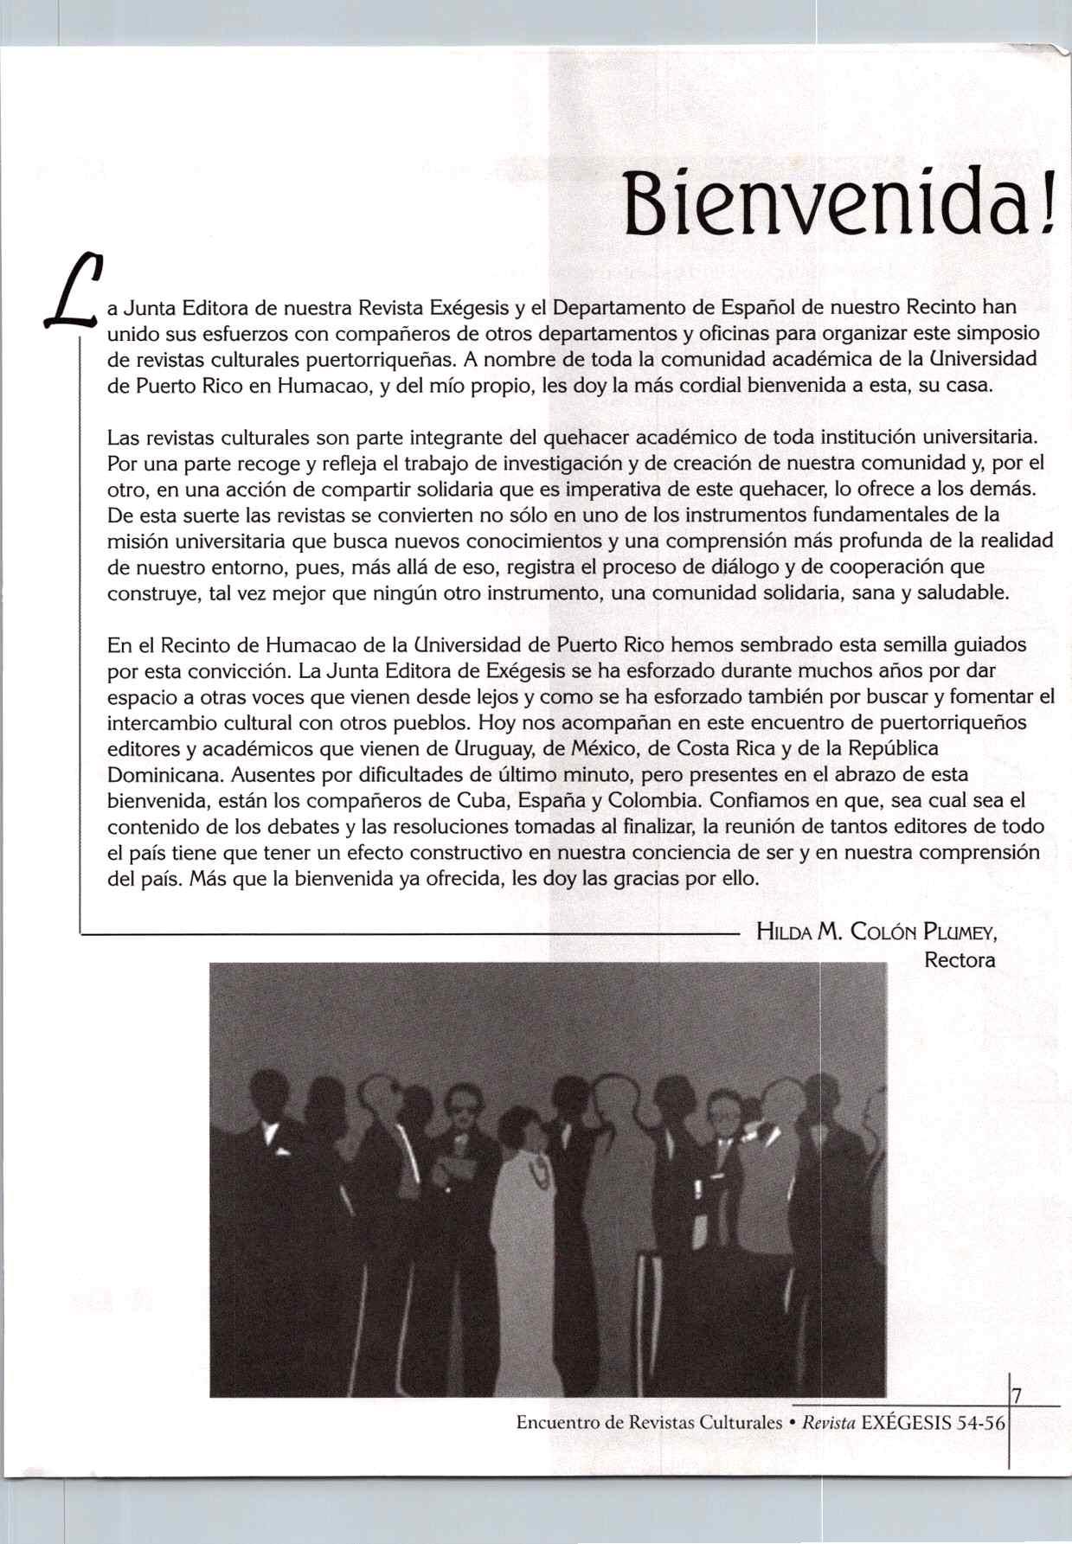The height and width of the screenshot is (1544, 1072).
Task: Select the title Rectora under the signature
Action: (960, 960)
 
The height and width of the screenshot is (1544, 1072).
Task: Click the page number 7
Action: (1017, 1395)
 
